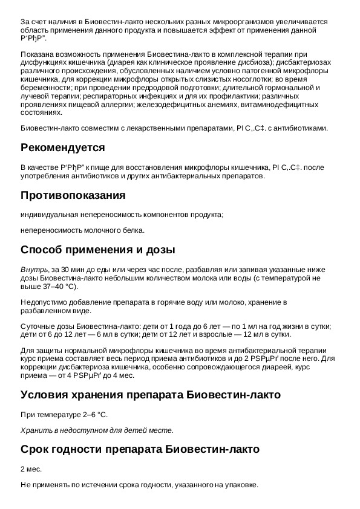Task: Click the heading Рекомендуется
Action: [63, 148]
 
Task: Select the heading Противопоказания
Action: [73, 195]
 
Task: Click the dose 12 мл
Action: [239, 335]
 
